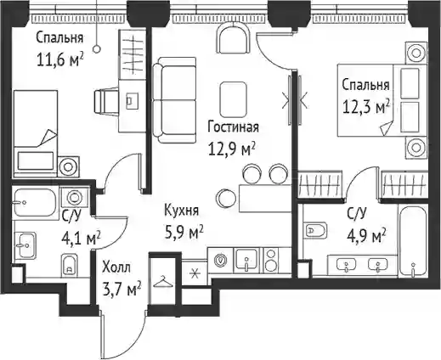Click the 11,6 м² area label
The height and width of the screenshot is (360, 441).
click(x=60, y=59)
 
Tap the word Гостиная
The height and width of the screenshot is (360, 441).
click(x=233, y=127)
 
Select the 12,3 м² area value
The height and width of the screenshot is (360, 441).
click(x=366, y=106)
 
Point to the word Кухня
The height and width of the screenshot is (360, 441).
click(x=182, y=211)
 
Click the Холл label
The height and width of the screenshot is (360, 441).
click(x=116, y=267)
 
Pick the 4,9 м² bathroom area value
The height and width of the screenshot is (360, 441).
click(x=366, y=236)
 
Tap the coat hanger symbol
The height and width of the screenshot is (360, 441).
click(x=163, y=282)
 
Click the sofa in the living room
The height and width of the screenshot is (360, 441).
click(x=174, y=100)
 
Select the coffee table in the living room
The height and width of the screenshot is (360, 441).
click(x=233, y=99)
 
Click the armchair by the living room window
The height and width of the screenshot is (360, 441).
click(x=233, y=37)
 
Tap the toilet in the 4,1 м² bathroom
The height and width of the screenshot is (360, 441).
click(x=69, y=266)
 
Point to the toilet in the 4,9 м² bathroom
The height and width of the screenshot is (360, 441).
click(x=314, y=230)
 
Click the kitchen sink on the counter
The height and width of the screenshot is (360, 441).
click(x=246, y=261)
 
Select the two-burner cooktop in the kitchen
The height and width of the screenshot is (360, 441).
click(x=271, y=260)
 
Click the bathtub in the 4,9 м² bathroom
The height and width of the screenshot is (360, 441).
click(x=413, y=240)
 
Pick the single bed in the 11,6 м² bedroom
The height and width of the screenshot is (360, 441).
click(x=36, y=134)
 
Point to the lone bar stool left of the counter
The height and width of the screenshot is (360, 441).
click(x=226, y=198)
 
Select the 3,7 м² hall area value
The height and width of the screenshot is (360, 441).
click(x=122, y=288)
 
